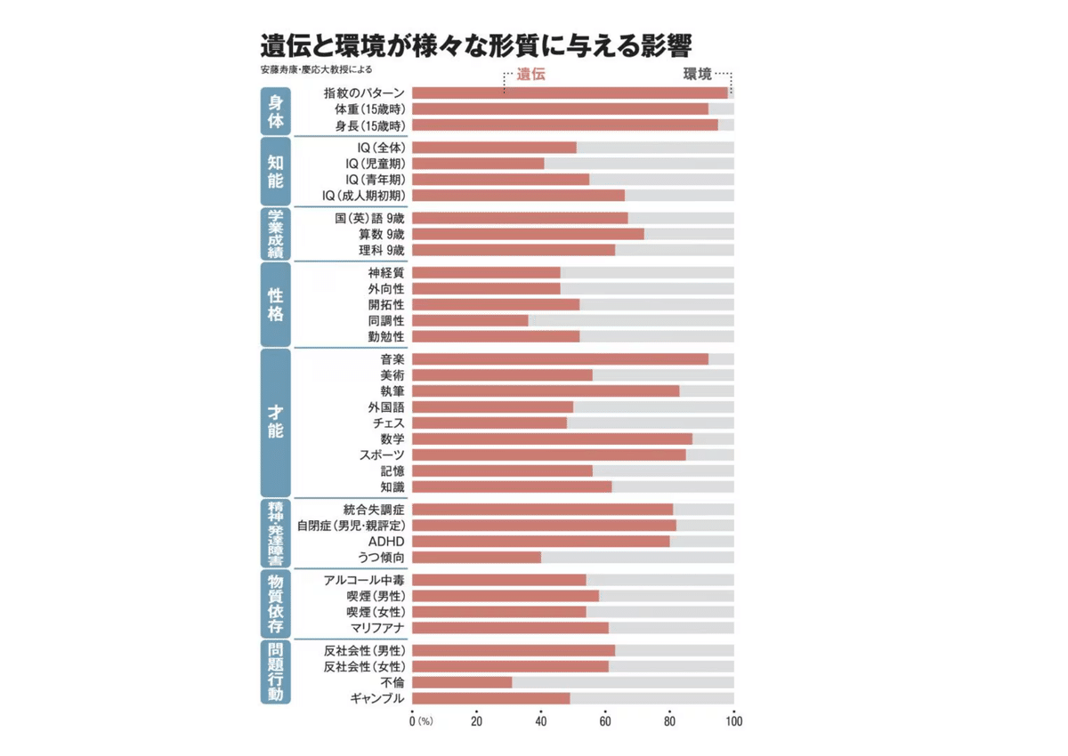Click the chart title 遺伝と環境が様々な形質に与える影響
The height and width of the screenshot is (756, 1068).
(x=477, y=45)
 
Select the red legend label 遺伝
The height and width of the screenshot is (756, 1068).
(x=530, y=76)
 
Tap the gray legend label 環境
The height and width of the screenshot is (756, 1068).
(x=697, y=76)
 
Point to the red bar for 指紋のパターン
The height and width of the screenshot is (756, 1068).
(x=570, y=92)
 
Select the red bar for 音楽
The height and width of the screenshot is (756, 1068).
(x=560, y=359)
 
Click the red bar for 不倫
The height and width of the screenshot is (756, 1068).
(x=462, y=682)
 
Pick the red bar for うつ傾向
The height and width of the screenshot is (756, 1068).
(x=476, y=558)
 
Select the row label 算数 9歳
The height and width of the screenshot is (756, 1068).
(x=382, y=234)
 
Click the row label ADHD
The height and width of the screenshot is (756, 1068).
(x=387, y=542)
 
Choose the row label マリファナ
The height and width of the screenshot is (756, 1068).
(x=377, y=628)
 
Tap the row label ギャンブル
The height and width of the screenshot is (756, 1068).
(x=378, y=698)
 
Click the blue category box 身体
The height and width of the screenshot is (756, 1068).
(x=276, y=109)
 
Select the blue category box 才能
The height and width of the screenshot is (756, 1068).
(x=276, y=423)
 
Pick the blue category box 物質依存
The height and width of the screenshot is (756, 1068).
(x=276, y=603)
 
